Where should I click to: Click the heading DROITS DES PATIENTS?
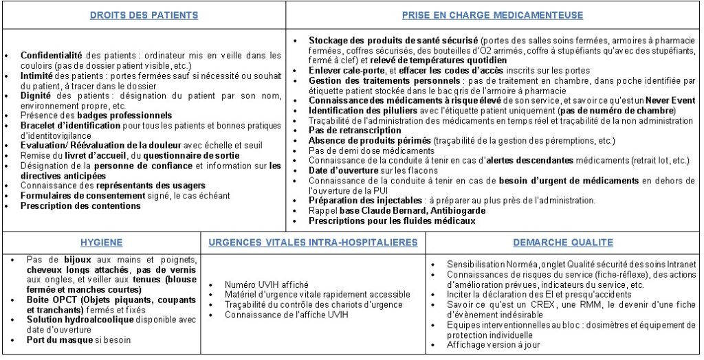(144, 15)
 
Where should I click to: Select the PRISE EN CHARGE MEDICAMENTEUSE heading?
(492, 15)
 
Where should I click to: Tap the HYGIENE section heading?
(101, 243)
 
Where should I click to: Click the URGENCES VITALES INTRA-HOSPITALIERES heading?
(313, 243)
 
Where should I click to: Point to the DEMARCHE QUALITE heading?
(562, 243)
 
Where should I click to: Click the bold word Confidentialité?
(51, 55)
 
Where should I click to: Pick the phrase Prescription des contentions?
(80, 205)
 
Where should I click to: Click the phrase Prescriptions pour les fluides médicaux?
(391, 221)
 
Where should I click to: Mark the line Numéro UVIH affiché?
(266, 284)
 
